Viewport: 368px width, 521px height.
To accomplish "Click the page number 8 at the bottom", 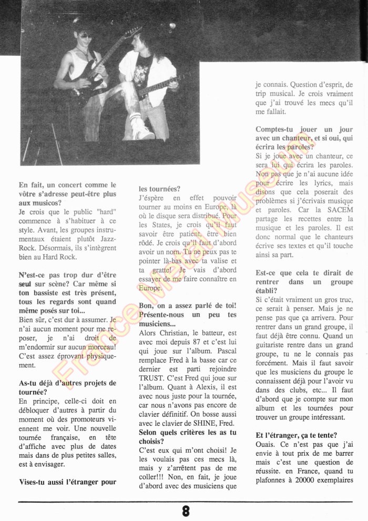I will coord(186,510).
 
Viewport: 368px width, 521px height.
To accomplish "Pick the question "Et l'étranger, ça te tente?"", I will coord(297,435).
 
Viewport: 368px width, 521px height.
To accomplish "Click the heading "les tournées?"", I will coord(160,188).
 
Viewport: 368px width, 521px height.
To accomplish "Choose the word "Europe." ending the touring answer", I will coord(151,288).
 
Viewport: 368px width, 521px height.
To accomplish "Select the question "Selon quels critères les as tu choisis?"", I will coord(188,437).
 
